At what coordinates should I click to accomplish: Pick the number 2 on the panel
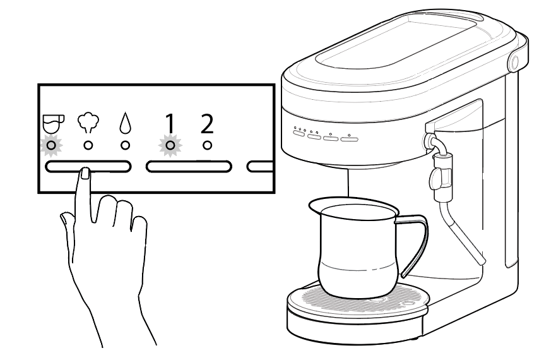[x=207, y=124]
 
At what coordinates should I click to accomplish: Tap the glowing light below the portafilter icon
[x=51, y=145]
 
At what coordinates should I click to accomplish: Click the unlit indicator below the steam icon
[x=88, y=145]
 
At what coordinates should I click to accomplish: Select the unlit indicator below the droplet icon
[x=125, y=145]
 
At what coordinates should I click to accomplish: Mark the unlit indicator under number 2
[x=207, y=145]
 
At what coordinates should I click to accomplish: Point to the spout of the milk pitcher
[x=312, y=203]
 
